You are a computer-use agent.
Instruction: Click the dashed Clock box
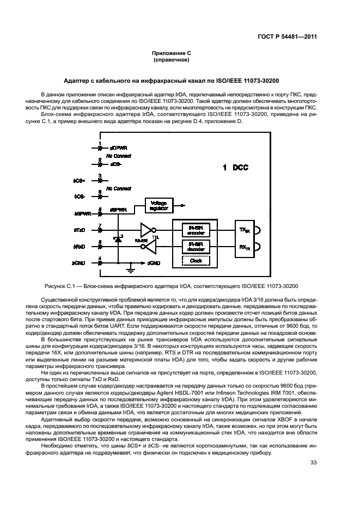(x=196, y=261)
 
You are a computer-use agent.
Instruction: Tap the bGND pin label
(x=80, y=263)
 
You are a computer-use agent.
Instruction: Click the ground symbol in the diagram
(x=129, y=268)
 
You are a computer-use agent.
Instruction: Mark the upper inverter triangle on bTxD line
(x=148, y=228)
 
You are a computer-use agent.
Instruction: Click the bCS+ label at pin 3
(x=79, y=178)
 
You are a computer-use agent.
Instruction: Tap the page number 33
(x=313, y=463)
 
